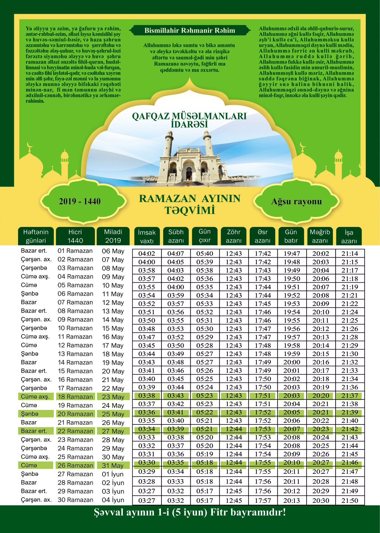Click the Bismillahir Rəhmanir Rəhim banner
coord(190,31)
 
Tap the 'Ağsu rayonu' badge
coord(296,202)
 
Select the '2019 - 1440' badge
coord(80,201)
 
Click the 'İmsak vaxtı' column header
coord(147,236)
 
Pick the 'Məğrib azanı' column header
coord(320,236)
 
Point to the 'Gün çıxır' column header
coord(205,236)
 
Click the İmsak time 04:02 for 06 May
coord(147,254)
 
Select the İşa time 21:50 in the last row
coord(350,501)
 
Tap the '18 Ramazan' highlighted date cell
coord(75,397)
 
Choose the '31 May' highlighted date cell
coord(113,466)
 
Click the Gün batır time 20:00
coord(292,362)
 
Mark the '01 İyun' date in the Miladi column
coord(113,474)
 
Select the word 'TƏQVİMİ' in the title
coord(190,210)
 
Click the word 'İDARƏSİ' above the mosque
coord(189,124)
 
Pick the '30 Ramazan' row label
coord(75,500)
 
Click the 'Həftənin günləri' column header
coord(36,236)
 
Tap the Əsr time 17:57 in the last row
coord(263,501)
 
